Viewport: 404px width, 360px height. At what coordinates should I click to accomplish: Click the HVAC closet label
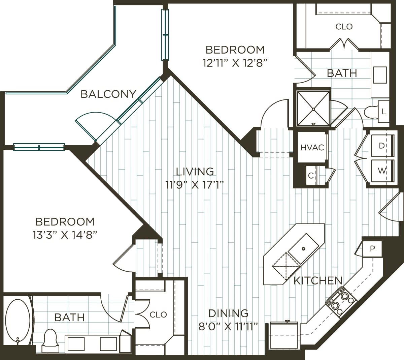[x=312, y=147]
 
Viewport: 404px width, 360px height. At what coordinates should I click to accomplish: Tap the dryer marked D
[x=382, y=146]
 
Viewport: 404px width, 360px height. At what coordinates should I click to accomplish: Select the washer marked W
[x=382, y=171]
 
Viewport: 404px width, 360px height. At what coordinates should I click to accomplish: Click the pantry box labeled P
[x=372, y=249]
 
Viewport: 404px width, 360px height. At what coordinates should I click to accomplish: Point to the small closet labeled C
[x=311, y=175]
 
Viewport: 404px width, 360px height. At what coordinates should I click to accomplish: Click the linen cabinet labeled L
[x=384, y=112]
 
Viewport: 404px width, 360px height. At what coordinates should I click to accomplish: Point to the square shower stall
[x=313, y=109]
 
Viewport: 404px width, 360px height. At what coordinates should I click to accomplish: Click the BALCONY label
[x=108, y=94]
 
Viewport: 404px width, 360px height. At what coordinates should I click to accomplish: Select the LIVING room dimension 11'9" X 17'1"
[x=195, y=185]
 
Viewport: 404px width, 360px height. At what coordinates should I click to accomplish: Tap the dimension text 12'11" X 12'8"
[x=235, y=63]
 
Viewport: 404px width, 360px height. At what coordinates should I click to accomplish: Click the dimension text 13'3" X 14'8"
[x=65, y=235]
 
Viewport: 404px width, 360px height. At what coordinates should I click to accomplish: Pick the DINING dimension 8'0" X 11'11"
[x=228, y=326]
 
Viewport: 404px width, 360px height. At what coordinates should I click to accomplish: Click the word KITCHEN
[x=317, y=280]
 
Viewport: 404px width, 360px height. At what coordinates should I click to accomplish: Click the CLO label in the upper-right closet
[x=344, y=26]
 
